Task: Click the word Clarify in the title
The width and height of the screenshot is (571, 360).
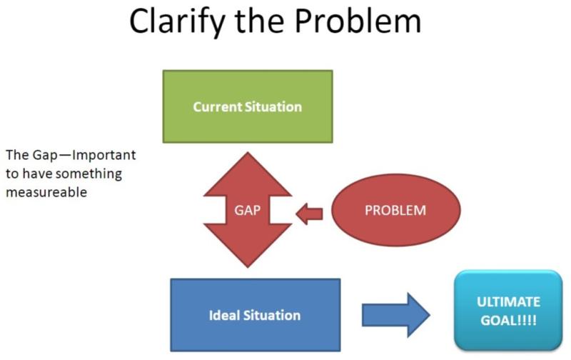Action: point(177,22)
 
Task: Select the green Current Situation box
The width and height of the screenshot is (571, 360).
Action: point(248,106)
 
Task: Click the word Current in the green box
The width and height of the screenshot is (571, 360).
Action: point(217,106)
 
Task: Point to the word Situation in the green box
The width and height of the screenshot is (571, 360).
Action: point(273,106)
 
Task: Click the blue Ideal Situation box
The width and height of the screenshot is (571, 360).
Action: point(256,315)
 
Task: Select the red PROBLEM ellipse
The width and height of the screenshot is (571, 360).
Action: point(396,210)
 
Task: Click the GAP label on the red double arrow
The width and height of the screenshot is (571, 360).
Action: point(248,210)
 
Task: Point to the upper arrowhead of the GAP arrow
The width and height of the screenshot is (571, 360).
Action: point(248,174)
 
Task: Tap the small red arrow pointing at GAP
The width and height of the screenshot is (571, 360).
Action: point(309,214)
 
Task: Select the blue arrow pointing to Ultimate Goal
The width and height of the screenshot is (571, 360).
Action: point(396,315)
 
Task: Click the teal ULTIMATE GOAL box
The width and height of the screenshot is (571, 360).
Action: point(508,311)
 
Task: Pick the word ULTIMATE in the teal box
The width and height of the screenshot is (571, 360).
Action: point(508,301)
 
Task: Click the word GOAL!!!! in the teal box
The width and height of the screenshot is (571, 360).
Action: point(508,321)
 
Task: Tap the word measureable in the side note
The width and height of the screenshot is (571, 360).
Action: point(46,192)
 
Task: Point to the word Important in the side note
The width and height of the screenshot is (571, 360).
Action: point(104,156)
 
